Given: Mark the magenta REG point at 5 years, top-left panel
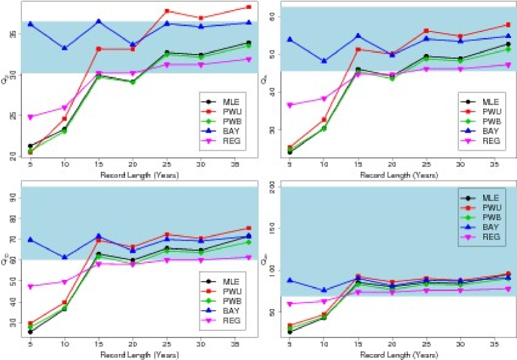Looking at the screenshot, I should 30,117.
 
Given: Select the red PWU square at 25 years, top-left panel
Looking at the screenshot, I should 167,11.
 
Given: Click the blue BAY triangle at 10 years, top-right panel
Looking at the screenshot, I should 324,61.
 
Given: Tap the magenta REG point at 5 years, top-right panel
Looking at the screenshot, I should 289,105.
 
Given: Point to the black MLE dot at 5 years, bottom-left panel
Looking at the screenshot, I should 30,332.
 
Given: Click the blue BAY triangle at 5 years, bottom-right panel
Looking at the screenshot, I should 289,280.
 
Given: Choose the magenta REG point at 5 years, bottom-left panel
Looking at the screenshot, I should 30,286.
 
